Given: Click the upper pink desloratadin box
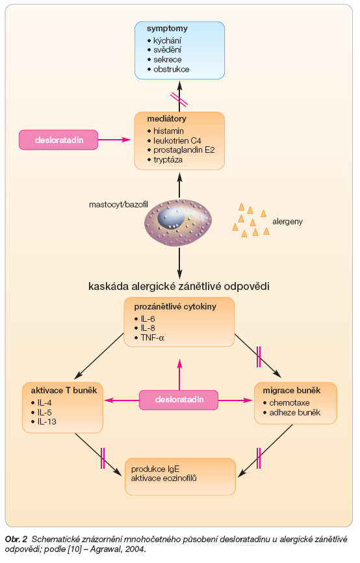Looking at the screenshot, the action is click(58, 140).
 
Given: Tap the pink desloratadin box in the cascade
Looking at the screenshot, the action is click(179, 400).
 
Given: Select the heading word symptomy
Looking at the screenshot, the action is click(167, 29).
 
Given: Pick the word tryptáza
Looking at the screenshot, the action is click(168, 160).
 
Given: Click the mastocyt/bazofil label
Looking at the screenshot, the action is click(118, 205).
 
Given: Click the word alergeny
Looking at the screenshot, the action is click(287, 222).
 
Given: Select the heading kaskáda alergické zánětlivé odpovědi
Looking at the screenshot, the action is click(179, 286).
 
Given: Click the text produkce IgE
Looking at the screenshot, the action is click(155, 469).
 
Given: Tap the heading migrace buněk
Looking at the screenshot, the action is click(292, 390).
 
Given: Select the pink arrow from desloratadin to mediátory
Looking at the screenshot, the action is click(114, 140).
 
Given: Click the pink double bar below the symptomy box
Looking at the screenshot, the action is click(179, 99).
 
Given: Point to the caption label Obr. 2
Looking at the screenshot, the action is click(16, 539).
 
